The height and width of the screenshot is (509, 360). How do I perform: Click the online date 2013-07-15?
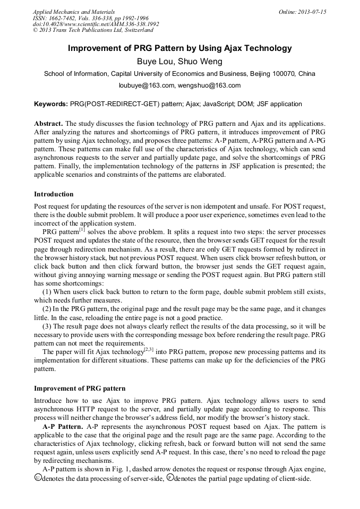(x=311, y=12)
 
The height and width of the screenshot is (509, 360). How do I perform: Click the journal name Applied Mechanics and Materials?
(x=73, y=12)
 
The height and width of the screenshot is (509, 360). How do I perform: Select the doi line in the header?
(x=96, y=24)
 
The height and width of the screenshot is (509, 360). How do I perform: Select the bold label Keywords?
(x=51, y=104)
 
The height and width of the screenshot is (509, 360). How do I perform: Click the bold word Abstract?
(x=48, y=124)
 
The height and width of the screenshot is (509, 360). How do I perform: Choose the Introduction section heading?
(x=54, y=194)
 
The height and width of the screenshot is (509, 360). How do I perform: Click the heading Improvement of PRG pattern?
(x=80, y=389)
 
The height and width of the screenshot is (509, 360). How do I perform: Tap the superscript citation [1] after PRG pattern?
(x=82, y=230)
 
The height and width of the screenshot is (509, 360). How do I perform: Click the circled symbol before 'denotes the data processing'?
(x=37, y=478)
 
